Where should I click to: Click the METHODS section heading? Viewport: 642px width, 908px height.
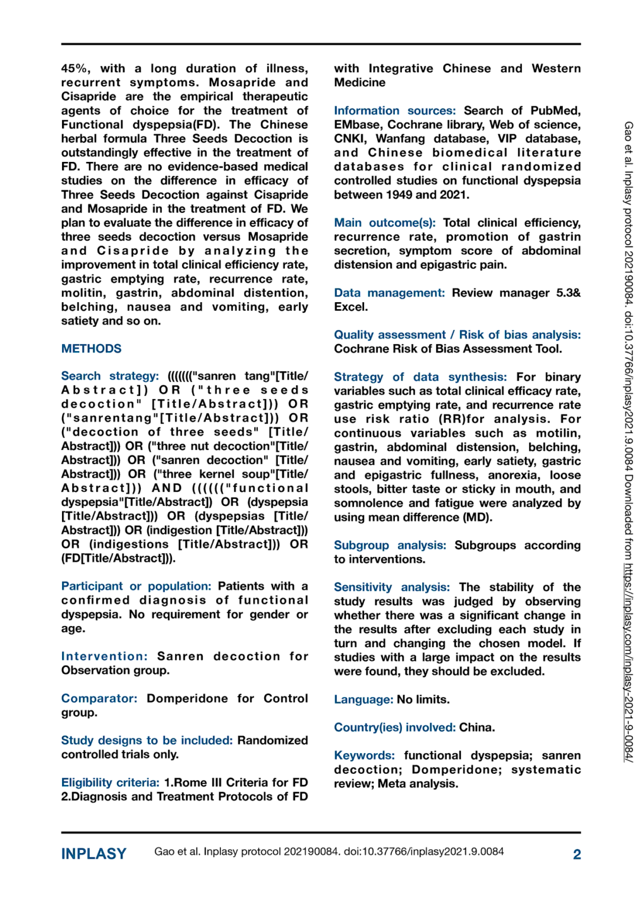point(91,349)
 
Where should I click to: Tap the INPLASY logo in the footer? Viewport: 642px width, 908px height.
point(94,854)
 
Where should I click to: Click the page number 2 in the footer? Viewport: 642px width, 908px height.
point(576,854)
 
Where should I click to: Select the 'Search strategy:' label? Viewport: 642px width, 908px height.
point(110,376)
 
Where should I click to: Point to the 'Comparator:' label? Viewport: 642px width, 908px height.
point(99,698)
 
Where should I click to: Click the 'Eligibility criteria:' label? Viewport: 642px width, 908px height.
point(110,782)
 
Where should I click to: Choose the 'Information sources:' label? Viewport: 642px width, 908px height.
point(394,111)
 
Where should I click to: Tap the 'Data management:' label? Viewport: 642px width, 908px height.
point(389,293)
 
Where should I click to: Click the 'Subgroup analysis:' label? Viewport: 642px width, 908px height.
point(390,545)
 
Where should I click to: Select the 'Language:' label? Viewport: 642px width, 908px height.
point(363,699)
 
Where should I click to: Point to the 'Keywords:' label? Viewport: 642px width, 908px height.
point(364,755)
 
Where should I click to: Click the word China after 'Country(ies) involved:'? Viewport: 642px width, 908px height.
point(476,727)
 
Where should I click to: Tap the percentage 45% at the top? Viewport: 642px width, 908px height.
point(75,69)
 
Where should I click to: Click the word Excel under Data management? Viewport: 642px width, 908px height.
point(351,307)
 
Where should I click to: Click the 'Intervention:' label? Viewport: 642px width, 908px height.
point(104,656)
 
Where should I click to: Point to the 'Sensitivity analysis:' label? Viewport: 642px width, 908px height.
point(391,587)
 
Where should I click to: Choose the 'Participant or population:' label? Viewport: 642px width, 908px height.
point(136,586)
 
